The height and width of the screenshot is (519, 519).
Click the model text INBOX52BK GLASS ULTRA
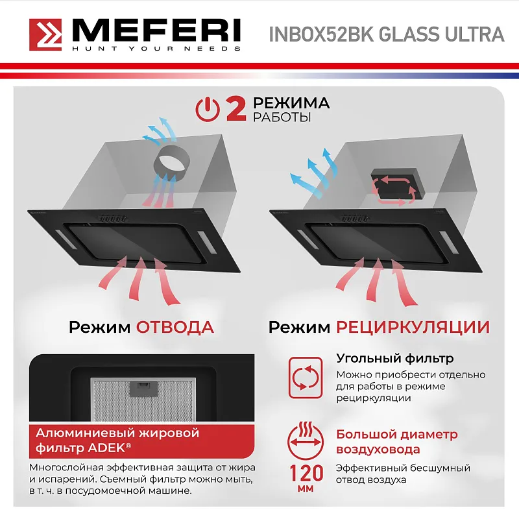pyautogui.click(x=386, y=34)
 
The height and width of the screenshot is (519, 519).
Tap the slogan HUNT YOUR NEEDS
pyautogui.click(x=156, y=49)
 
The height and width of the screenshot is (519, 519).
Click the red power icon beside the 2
pyautogui.click(x=208, y=109)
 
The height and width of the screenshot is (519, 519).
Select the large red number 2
pyautogui.click(x=235, y=109)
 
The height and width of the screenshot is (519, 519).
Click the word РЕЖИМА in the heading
pyautogui.click(x=291, y=103)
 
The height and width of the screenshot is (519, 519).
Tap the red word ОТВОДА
pyautogui.click(x=175, y=326)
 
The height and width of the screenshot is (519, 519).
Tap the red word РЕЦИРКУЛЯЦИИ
pyautogui.click(x=413, y=326)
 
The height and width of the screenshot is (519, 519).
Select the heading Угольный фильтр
pyautogui.click(x=394, y=358)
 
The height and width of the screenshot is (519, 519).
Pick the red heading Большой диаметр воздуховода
pyautogui.click(x=396, y=442)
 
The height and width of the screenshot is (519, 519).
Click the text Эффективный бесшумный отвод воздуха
pyautogui.click(x=403, y=474)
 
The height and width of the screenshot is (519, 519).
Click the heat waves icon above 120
pyautogui.click(x=304, y=429)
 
